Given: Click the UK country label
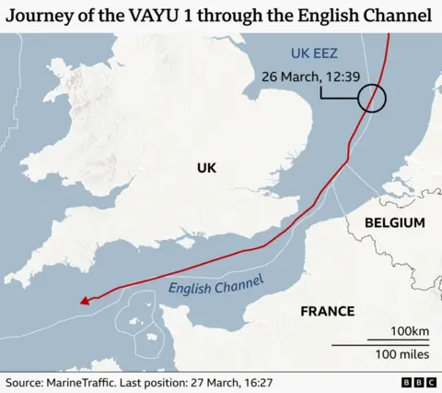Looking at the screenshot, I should pyautogui.click(x=205, y=167).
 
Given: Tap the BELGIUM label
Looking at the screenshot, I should pyautogui.click(x=394, y=222).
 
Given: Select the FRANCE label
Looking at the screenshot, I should pyautogui.click(x=327, y=311).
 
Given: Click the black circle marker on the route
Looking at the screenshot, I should pyautogui.click(x=371, y=97).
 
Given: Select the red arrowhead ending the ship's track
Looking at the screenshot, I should pyautogui.click(x=84, y=299).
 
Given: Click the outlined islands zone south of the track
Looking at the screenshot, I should pyautogui.click(x=135, y=324).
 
